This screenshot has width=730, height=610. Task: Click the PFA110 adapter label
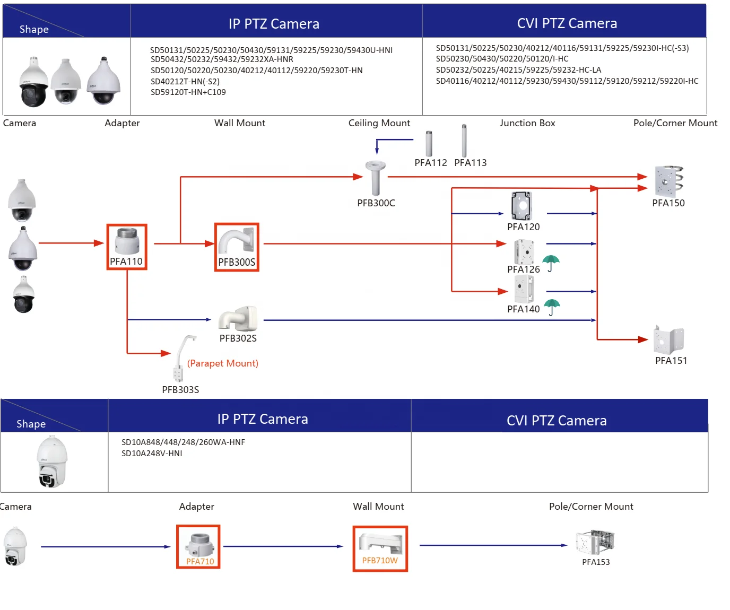[x=126, y=261]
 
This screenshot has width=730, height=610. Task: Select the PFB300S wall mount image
[x=237, y=241]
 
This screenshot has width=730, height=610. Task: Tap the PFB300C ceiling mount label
[x=376, y=203]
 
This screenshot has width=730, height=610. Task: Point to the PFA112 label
[x=431, y=163]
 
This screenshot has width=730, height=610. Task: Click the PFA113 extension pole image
[x=464, y=141]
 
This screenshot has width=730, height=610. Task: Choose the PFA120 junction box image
[x=522, y=206]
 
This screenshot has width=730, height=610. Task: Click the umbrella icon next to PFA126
[x=551, y=263]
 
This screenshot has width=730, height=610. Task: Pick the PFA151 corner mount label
[x=671, y=361]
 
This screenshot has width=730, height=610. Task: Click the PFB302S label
[x=238, y=338]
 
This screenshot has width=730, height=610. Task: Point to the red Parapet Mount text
[x=223, y=363]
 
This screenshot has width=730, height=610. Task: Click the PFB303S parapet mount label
[x=180, y=390]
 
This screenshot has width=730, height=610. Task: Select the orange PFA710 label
[x=200, y=562]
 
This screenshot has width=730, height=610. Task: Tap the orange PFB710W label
[x=380, y=561]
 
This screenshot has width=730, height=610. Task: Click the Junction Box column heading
[x=527, y=123]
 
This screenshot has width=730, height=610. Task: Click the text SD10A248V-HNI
[x=152, y=454]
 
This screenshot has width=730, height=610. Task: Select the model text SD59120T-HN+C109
[x=188, y=92]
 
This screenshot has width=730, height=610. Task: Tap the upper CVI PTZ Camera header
[x=567, y=23]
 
